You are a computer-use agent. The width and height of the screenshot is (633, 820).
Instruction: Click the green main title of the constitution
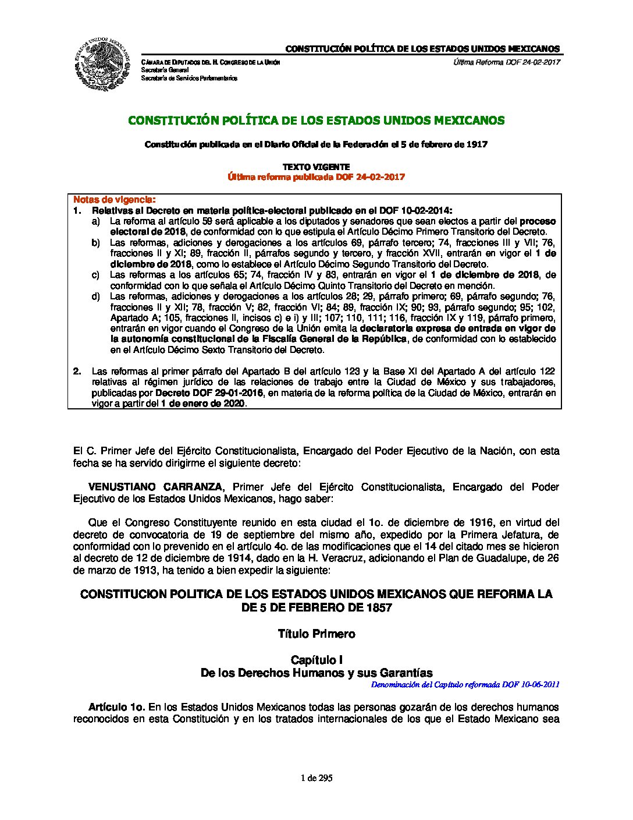click(x=316, y=121)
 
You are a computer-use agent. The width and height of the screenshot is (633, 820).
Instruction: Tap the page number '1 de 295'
click(x=316, y=778)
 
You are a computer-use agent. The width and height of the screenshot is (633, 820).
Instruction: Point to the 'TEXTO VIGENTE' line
click(x=316, y=167)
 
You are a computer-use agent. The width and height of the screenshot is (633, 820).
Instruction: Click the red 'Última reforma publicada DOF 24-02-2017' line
click(x=316, y=177)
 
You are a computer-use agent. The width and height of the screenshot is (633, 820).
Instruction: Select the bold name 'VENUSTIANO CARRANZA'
click(x=155, y=487)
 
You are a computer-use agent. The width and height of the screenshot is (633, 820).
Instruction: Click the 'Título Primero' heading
click(x=316, y=634)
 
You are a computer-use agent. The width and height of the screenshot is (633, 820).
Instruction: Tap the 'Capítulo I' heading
click(x=316, y=660)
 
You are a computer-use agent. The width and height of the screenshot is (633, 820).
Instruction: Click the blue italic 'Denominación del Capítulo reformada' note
click(x=465, y=685)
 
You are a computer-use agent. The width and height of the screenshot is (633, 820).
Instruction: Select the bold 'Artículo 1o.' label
click(x=116, y=707)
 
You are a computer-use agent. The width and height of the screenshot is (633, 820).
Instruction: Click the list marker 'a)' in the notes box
click(x=95, y=221)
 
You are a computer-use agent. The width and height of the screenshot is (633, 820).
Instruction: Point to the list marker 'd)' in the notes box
click(x=95, y=296)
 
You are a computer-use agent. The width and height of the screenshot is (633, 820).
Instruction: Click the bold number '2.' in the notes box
click(x=77, y=372)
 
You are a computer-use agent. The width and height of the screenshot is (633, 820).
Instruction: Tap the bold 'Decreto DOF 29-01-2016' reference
click(x=209, y=393)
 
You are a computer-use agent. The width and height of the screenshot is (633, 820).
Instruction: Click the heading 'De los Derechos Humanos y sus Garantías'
click(x=316, y=673)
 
